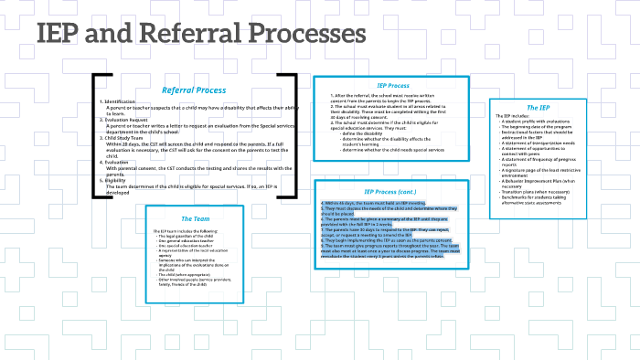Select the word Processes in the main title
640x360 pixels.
coord(306,35)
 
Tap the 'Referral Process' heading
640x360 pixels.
coord(194,90)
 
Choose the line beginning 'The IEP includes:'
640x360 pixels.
coord(511,115)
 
